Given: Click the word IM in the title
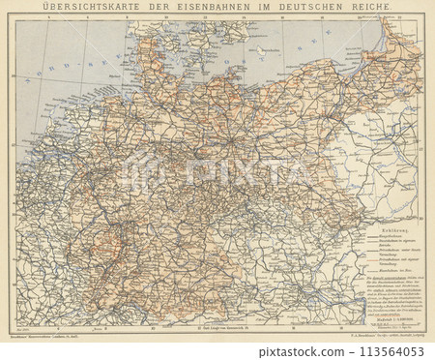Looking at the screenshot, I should tap(262, 8).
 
